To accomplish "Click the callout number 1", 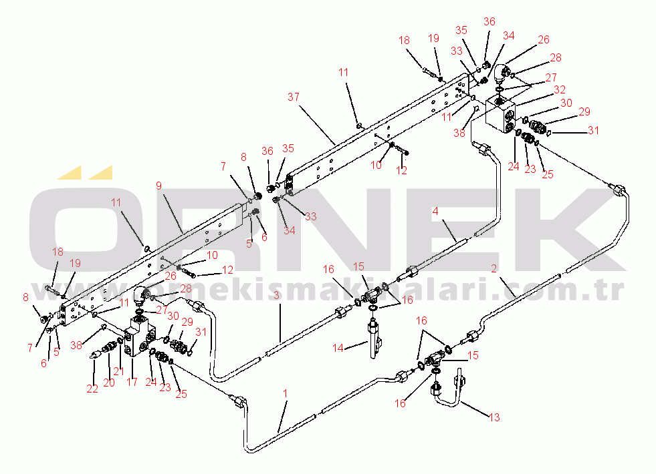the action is (286, 395).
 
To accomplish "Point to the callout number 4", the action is (435, 211).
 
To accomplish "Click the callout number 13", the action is (494, 418).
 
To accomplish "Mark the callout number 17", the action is (132, 383).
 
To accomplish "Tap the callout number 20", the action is (108, 383).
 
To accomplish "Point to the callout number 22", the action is (92, 389).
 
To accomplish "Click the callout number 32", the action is (560, 89).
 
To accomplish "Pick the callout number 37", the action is (294, 97).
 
